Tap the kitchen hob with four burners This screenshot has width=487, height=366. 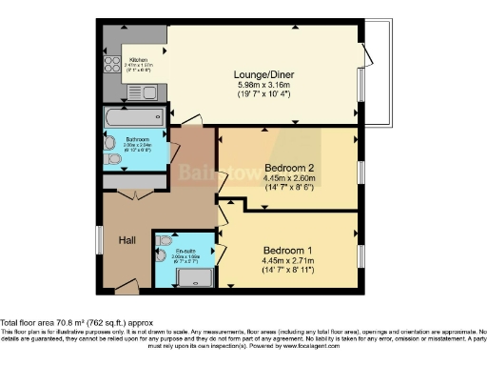coord(111,65)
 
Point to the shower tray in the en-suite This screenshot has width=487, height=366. coord(195,277)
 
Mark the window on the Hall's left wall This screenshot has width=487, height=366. coord(100,239)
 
